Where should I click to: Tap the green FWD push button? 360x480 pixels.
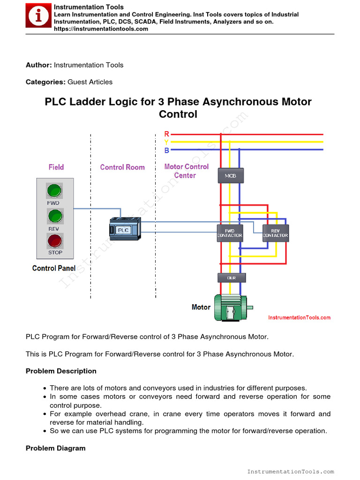[55, 191]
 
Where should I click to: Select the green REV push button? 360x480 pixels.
[55, 216]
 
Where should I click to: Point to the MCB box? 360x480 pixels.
[231, 176]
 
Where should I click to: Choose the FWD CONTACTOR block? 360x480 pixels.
[230, 232]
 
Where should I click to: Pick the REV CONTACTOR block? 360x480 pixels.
[276, 232]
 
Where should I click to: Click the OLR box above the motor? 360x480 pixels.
[232, 278]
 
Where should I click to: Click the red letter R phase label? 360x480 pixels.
[167, 135]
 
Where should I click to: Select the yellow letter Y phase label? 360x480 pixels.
[167, 142]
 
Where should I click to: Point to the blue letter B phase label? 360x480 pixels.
[167, 150]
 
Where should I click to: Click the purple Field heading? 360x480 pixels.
[56, 167]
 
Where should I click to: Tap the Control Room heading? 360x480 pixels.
[122, 167]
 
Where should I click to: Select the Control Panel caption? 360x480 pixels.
[54, 268]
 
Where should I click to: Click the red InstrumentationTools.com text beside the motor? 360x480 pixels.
[299, 318]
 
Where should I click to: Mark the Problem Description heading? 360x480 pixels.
[61, 371]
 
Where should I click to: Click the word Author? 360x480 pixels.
[38, 65]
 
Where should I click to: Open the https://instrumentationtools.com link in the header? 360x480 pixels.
[101, 29]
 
